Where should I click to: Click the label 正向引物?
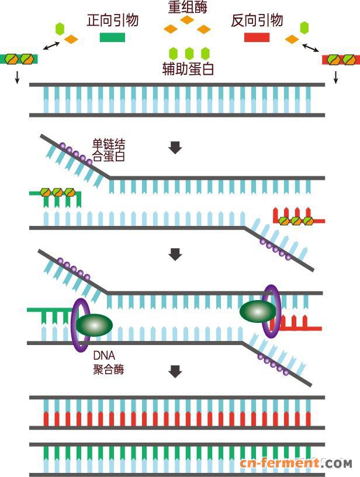click(x=112, y=21)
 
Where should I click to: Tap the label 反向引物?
click(x=257, y=21)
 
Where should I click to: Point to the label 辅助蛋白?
click(x=188, y=69)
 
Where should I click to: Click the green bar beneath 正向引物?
click(x=112, y=38)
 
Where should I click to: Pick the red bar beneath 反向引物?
click(x=257, y=38)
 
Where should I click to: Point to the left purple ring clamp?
click(x=79, y=325)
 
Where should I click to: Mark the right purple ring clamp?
click(x=271, y=311)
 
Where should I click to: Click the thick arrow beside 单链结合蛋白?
click(x=175, y=148)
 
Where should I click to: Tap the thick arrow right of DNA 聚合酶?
click(x=175, y=371)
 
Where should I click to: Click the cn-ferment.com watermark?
click(x=295, y=464)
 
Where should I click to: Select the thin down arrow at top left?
click(x=17, y=76)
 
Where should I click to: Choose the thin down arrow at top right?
click(x=335, y=76)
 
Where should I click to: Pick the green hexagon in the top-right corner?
click(x=304, y=27)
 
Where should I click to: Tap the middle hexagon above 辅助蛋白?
click(x=189, y=53)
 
